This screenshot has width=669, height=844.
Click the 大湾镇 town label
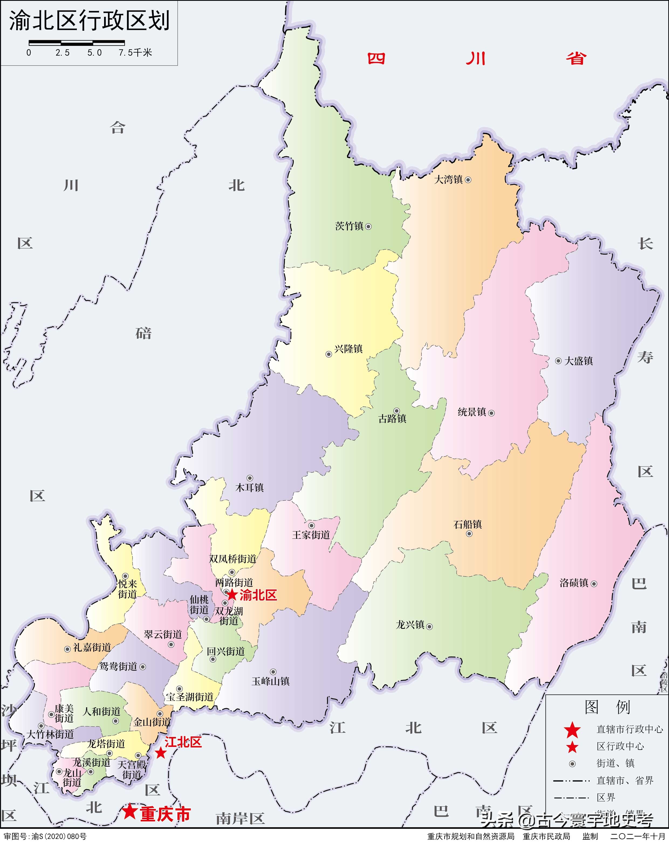pyautogui.click(x=449, y=180)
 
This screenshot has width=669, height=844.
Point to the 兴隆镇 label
pyautogui.click(x=348, y=349)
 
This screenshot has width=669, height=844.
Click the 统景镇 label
pyautogui.click(x=472, y=412)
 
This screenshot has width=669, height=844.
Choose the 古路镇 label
pyautogui.click(x=392, y=419)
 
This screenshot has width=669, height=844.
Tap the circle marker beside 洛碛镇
pyautogui.click(x=594, y=584)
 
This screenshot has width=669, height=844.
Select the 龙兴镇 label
pyautogui.click(x=410, y=625)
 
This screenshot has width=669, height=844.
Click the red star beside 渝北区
pyautogui.click(x=232, y=594)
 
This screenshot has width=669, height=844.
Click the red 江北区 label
pyautogui.click(x=183, y=742)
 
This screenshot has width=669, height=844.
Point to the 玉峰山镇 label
pyautogui.click(x=270, y=681)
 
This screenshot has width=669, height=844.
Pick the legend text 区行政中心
pyautogui.click(x=620, y=746)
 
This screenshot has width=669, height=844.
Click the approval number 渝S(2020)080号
pyautogui.click(x=59, y=836)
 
